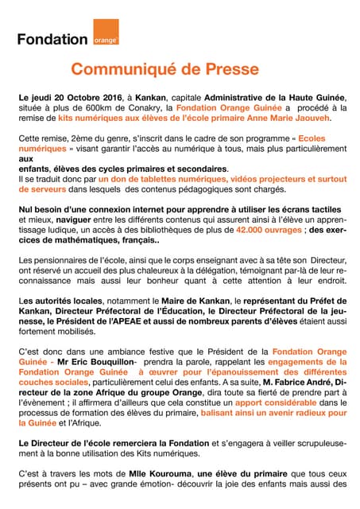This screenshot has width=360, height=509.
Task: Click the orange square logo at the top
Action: coord(106,29)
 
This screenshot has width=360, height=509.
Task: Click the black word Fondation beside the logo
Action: coord(52,38)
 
